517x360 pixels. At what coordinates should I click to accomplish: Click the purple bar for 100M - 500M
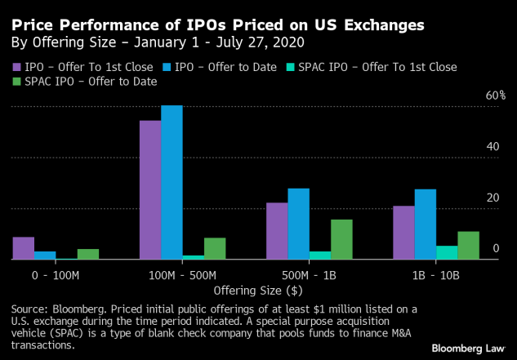coord(150,189)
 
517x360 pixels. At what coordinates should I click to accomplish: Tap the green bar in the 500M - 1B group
coord(341,239)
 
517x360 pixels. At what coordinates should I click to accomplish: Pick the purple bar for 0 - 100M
coord(24,248)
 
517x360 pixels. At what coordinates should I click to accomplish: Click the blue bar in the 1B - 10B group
coord(425,224)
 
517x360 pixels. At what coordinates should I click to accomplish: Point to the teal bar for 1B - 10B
coord(446,252)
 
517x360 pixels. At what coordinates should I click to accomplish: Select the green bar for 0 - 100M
coord(87,254)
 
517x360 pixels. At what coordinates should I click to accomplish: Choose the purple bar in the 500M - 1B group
coord(277,231)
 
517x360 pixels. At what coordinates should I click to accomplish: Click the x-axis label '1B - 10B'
coord(435,275)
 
